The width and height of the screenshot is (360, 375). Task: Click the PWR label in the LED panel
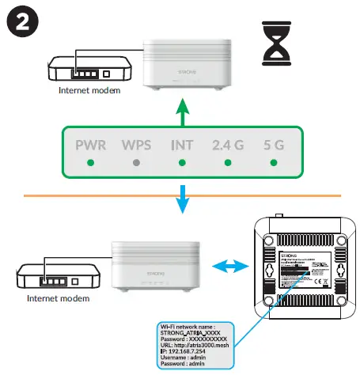tap(90, 146)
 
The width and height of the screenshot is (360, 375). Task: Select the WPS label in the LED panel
tap(136, 146)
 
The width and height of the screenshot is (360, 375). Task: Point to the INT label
tap(182, 146)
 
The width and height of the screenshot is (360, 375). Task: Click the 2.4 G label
tap(228, 146)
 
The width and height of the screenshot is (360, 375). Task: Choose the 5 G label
tap(273, 146)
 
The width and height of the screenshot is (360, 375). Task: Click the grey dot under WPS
tap(136, 163)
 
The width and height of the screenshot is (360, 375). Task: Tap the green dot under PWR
tap(90, 163)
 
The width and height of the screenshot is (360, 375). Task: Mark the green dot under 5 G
tap(273, 163)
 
